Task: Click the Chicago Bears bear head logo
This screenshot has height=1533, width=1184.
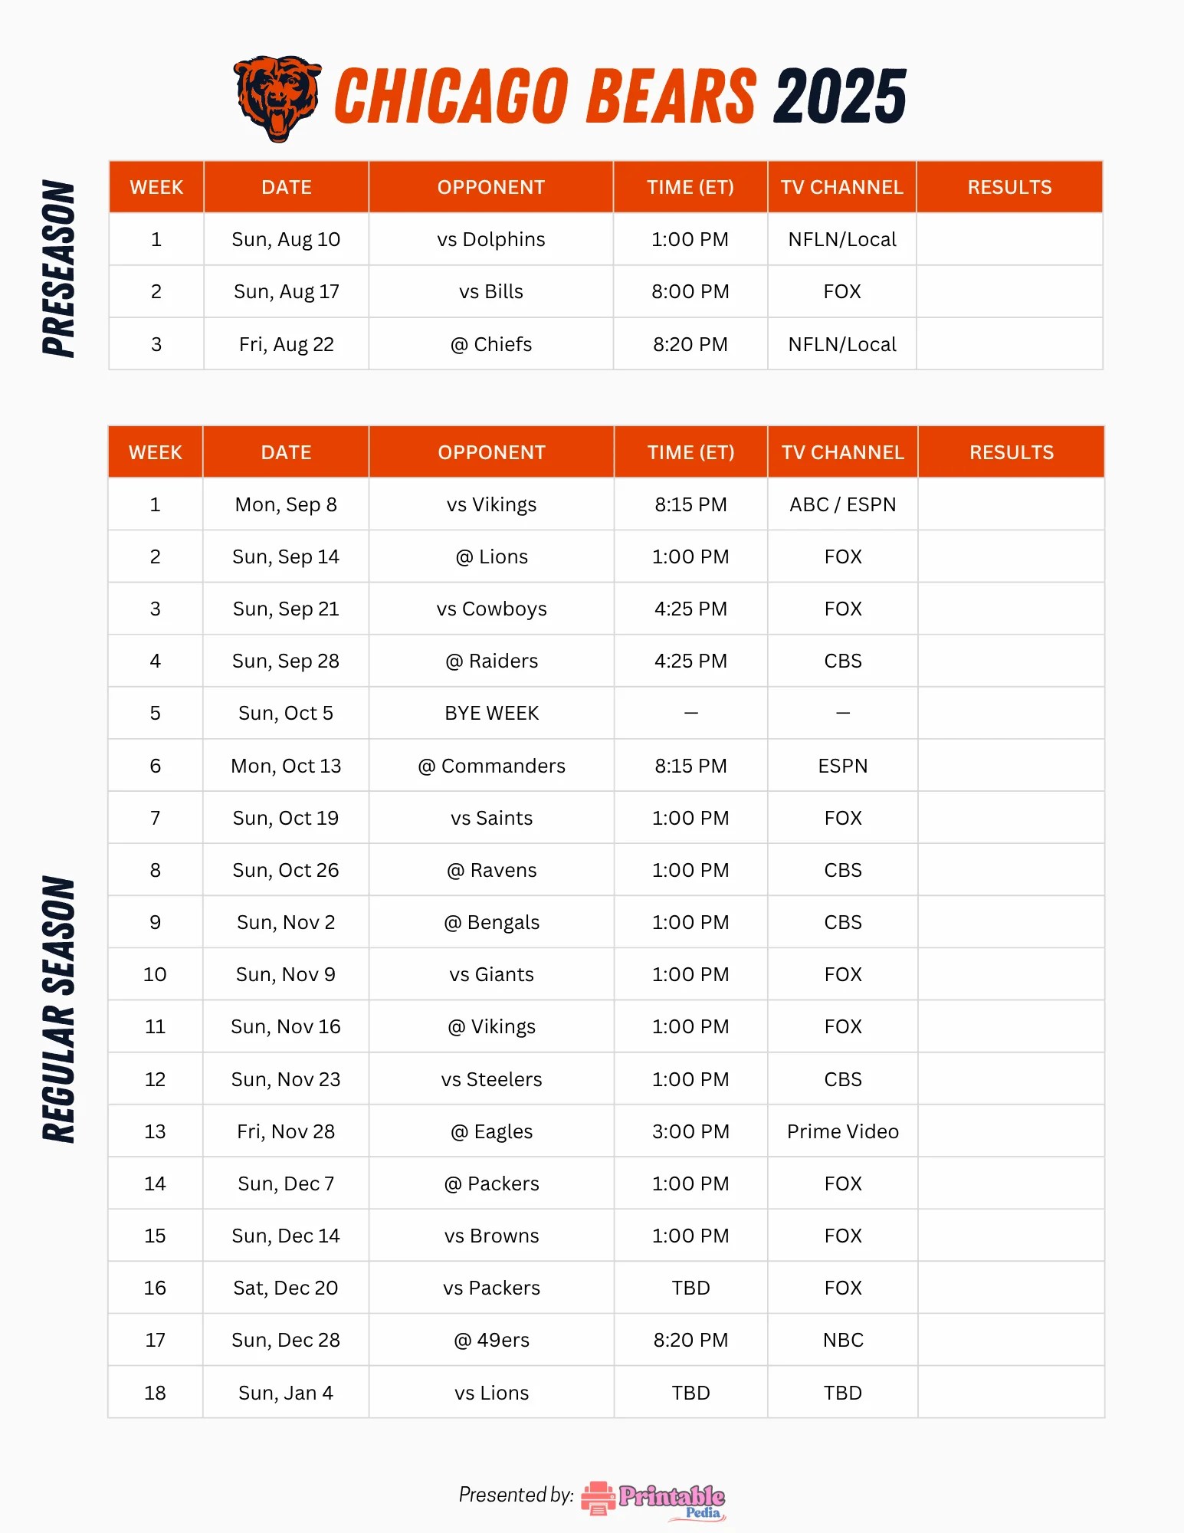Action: (277, 97)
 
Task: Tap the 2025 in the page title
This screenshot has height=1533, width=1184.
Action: (840, 97)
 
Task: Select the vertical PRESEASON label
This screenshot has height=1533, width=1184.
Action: (59, 268)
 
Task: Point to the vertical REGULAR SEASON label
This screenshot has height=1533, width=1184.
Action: (59, 1009)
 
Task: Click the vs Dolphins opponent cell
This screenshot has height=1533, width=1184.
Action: (491, 240)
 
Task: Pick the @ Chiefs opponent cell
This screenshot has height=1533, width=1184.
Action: (491, 345)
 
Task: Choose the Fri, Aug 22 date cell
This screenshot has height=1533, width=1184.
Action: (286, 345)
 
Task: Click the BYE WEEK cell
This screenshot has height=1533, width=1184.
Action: (491, 714)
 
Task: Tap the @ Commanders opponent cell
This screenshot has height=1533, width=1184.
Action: (491, 766)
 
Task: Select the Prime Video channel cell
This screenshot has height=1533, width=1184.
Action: (842, 1131)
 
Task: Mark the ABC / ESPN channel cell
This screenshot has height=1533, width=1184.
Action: (842, 504)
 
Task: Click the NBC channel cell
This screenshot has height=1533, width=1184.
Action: (842, 1340)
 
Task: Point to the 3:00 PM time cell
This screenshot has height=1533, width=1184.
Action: (690, 1131)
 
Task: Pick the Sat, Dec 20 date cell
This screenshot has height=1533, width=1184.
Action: (286, 1288)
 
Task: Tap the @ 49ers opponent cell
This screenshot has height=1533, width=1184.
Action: (491, 1340)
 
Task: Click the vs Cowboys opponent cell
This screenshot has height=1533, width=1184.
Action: (491, 609)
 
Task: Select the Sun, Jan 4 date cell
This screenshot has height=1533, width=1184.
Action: (286, 1393)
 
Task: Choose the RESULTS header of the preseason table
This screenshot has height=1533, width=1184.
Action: (1009, 187)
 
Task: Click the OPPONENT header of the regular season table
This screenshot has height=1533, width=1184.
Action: (491, 452)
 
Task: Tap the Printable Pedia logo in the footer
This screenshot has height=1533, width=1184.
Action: (654, 1499)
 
